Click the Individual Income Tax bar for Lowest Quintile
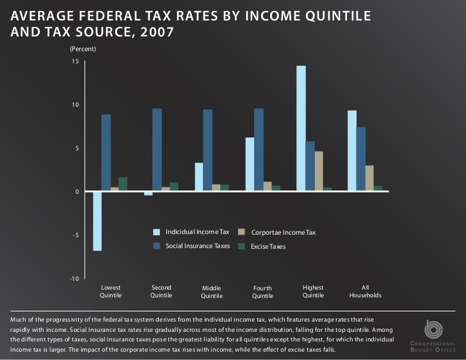click(97, 221)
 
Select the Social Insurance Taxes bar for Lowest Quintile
click(106, 152)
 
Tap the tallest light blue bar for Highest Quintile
click(301, 128)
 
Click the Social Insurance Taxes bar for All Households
click(361, 159)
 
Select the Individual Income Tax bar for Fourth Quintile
click(250, 164)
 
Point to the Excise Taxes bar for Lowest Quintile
click(123, 184)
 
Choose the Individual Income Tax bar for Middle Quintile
click(199, 176)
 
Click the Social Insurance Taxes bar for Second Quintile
click(157, 150)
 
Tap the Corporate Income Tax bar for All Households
click(369, 178)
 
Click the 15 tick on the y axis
click(75, 61)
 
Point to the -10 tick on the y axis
click(74, 279)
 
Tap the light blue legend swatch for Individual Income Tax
click(156, 231)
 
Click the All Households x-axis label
click(366, 292)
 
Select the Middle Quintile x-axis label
click(211, 292)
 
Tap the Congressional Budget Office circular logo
click(433, 329)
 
